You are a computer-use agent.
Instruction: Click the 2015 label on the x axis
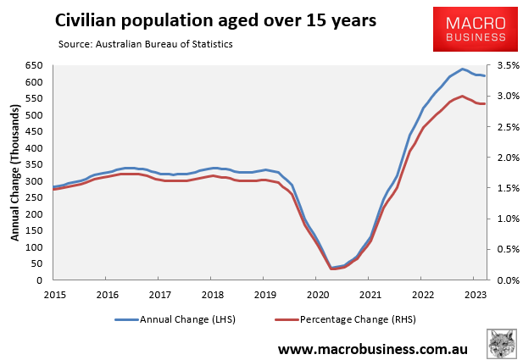pos(54,295)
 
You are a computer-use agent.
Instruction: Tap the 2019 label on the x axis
pos(264,295)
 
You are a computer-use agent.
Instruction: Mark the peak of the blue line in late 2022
pos(463,69)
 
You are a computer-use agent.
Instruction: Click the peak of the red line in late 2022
pos(462,96)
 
